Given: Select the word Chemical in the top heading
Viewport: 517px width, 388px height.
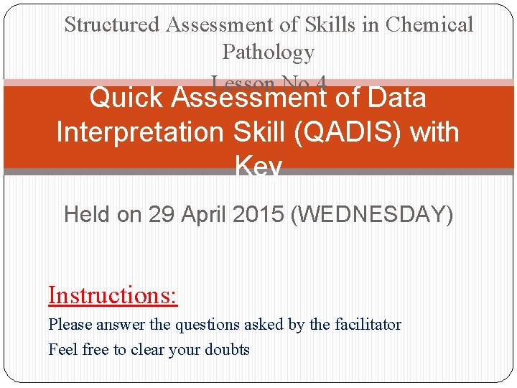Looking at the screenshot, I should click(429, 24).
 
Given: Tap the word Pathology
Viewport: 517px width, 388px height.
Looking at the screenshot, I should click(268, 52).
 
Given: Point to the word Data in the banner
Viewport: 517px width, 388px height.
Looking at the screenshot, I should click(395, 98).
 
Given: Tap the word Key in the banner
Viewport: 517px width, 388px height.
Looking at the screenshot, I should click(258, 167).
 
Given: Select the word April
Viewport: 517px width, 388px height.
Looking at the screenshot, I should click(204, 214).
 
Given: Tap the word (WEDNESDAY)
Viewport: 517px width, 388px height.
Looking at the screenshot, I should click(372, 214).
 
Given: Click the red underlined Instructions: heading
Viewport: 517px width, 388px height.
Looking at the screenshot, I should click(113, 295).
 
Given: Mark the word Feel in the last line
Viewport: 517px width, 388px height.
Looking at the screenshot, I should click(61, 350).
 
